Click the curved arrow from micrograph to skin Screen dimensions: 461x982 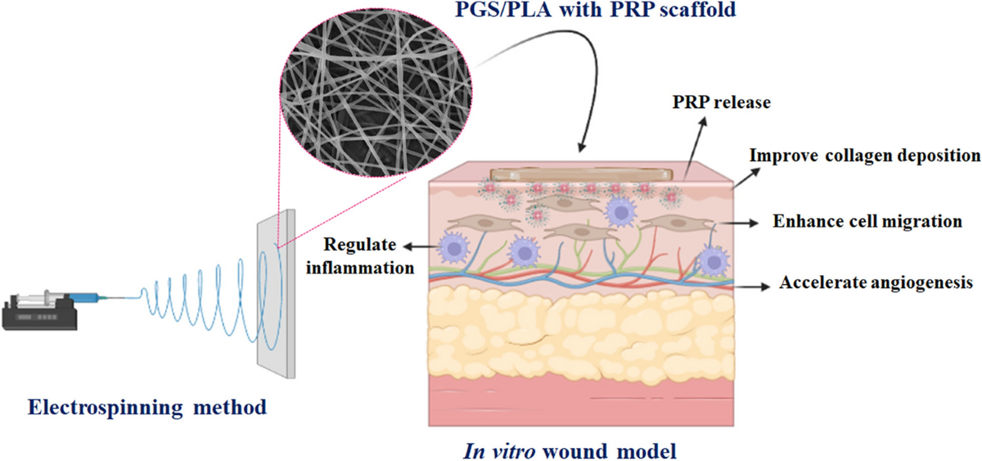coord(565,90)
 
